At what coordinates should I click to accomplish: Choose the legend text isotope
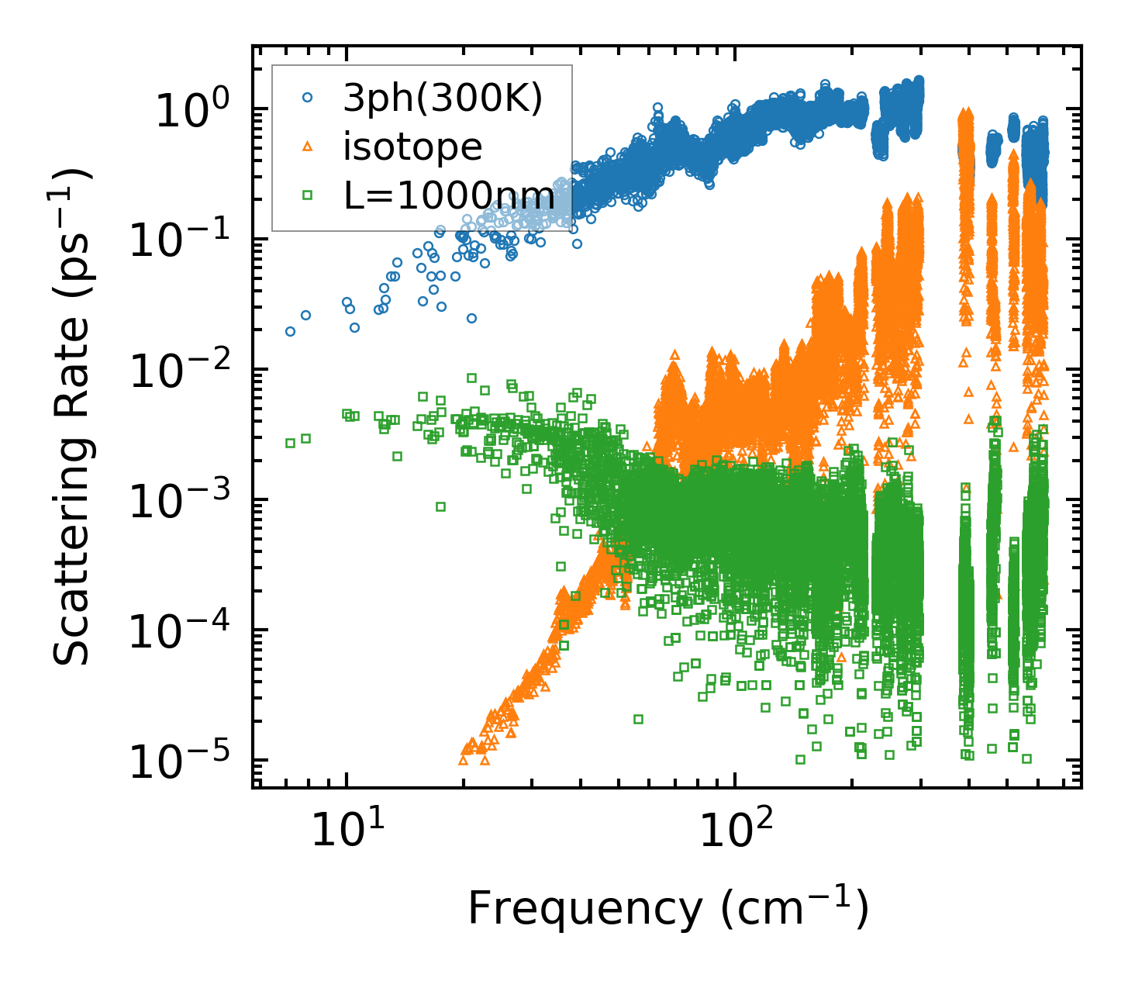412,147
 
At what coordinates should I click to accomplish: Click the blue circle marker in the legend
308,98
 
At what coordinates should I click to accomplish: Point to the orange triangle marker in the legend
308,146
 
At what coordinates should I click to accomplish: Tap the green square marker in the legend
308,195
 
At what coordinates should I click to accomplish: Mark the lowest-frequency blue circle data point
290,331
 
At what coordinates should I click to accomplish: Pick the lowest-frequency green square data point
290,443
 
